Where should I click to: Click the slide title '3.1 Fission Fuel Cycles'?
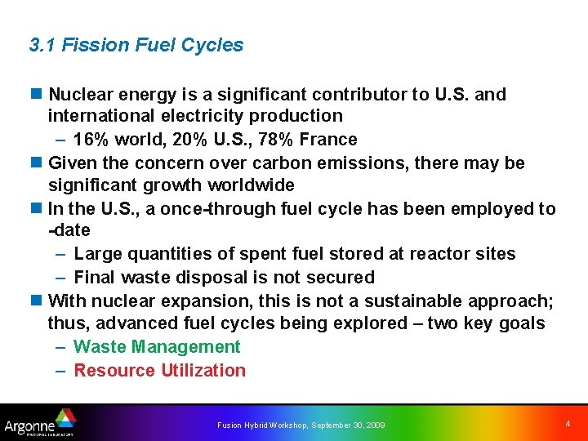(x=136, y=46)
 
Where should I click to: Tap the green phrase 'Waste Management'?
(x=157, y=347)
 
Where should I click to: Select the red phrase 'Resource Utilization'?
(x=159, y=371)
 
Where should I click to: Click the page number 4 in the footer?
(x=568, y=424)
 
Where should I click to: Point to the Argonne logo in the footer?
(x=40, y=423)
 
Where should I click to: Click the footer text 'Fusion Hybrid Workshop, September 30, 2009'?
(x=301, y=425)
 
